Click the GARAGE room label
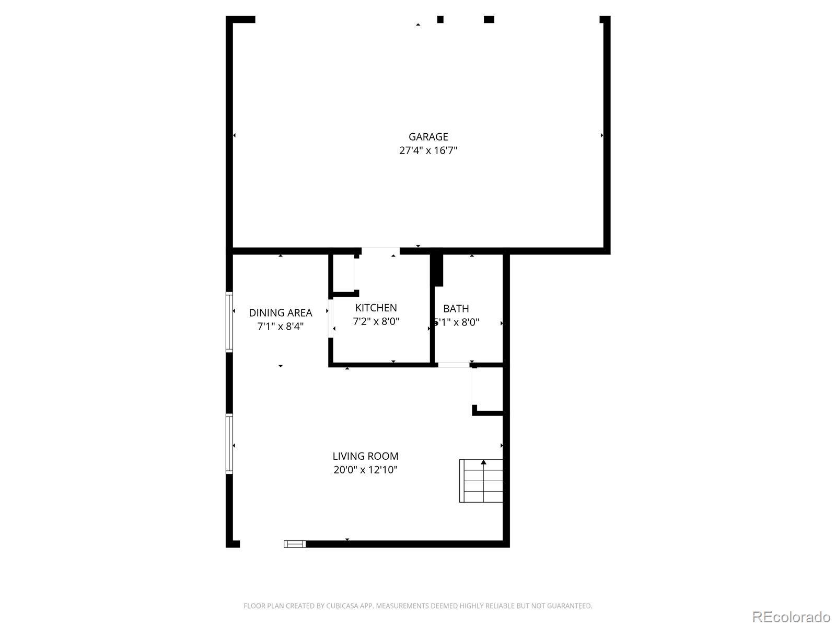click(x=428, y=137)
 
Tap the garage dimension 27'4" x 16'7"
click(x=428, y=150)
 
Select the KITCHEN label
click(x=376, y=308)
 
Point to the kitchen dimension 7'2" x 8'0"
click(x=376, y=321)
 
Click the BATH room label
click(x=456, y=308)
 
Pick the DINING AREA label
click(x=280, y=313)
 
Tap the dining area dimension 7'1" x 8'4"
click(x=280, y=327)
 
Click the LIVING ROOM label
click(x=365, y=456)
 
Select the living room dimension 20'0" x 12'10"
click(x=365, y=470)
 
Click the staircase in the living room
click(x=481, y=481)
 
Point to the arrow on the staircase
click(x=484, y=462)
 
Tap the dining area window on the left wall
click(x=229, y=322)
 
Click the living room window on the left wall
click(x=229, y=444)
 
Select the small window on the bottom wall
click(x=295, y=544)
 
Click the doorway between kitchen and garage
click(x=380, y=251)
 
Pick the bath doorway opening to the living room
click(x=454, y=365)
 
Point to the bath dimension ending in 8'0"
click(x=457, y=322)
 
